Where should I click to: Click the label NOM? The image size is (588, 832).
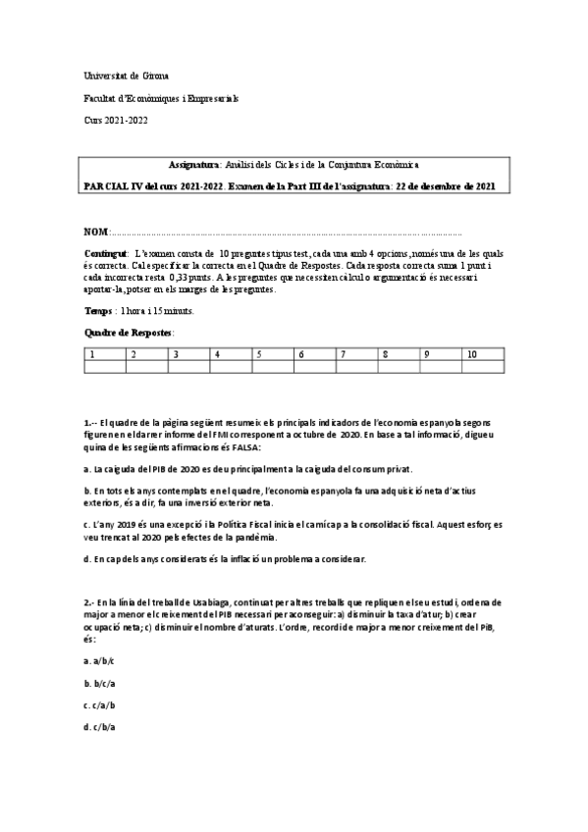click(96, 233)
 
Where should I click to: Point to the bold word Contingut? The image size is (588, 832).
click(106, 253)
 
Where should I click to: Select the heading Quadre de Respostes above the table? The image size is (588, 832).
click(129, 333)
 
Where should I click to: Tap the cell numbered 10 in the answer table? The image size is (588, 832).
click(483, 353)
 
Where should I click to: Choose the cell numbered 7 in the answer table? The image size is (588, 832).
click(356, 353)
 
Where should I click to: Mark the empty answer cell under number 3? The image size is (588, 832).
click(188, 367)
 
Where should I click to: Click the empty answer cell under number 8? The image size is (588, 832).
click(399, 367)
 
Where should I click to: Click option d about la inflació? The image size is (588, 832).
click(225, 558)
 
